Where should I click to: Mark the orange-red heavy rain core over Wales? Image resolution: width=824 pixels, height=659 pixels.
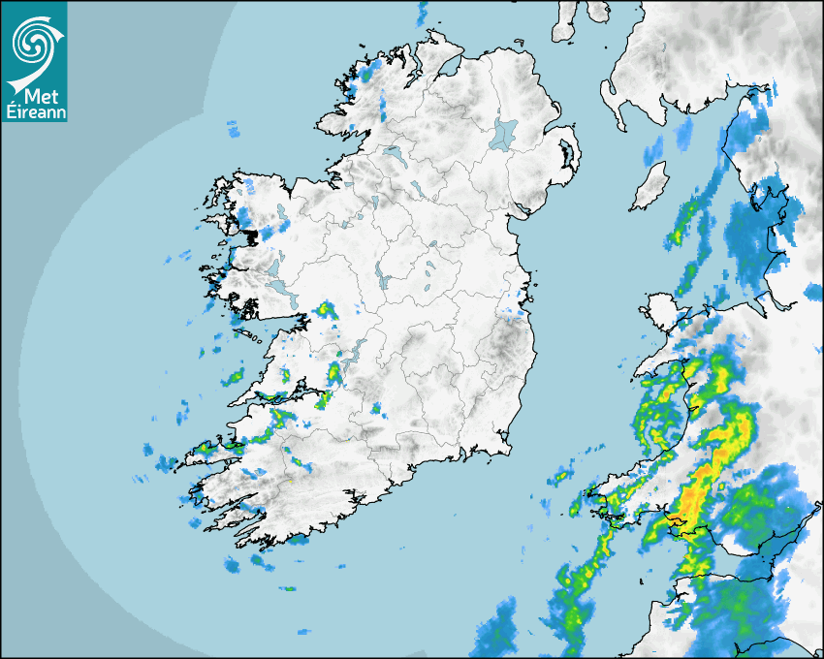[x=690, y=502]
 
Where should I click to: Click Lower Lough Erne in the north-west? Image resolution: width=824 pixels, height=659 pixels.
[x=393, y=153]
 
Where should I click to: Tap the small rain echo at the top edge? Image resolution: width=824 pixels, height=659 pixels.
[x=422, y=14]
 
